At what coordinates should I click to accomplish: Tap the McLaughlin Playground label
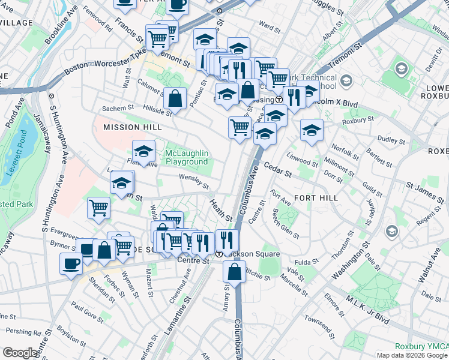click(187, 157)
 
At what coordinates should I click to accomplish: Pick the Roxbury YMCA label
click(421, 347)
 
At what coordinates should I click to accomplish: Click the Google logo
click(20, 353)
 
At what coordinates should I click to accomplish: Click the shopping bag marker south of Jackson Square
click(234, 272)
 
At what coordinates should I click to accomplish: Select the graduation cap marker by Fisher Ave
click(143, 152)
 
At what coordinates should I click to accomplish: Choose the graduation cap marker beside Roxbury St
click(312, 130)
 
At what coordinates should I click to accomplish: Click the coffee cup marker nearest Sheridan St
click(71, 264)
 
